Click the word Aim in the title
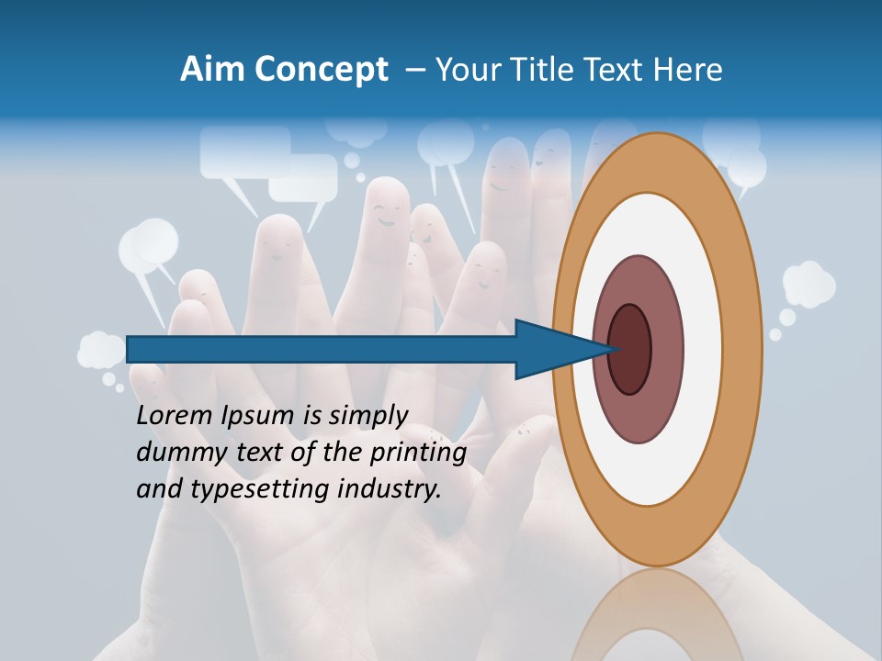coord(209,70)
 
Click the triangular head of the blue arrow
coord(551,349)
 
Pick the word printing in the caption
coord(419,453)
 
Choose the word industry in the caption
coord(390,490)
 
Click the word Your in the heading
coord(465,70)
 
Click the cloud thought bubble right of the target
coord(808,284)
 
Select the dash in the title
coord(414,70)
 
